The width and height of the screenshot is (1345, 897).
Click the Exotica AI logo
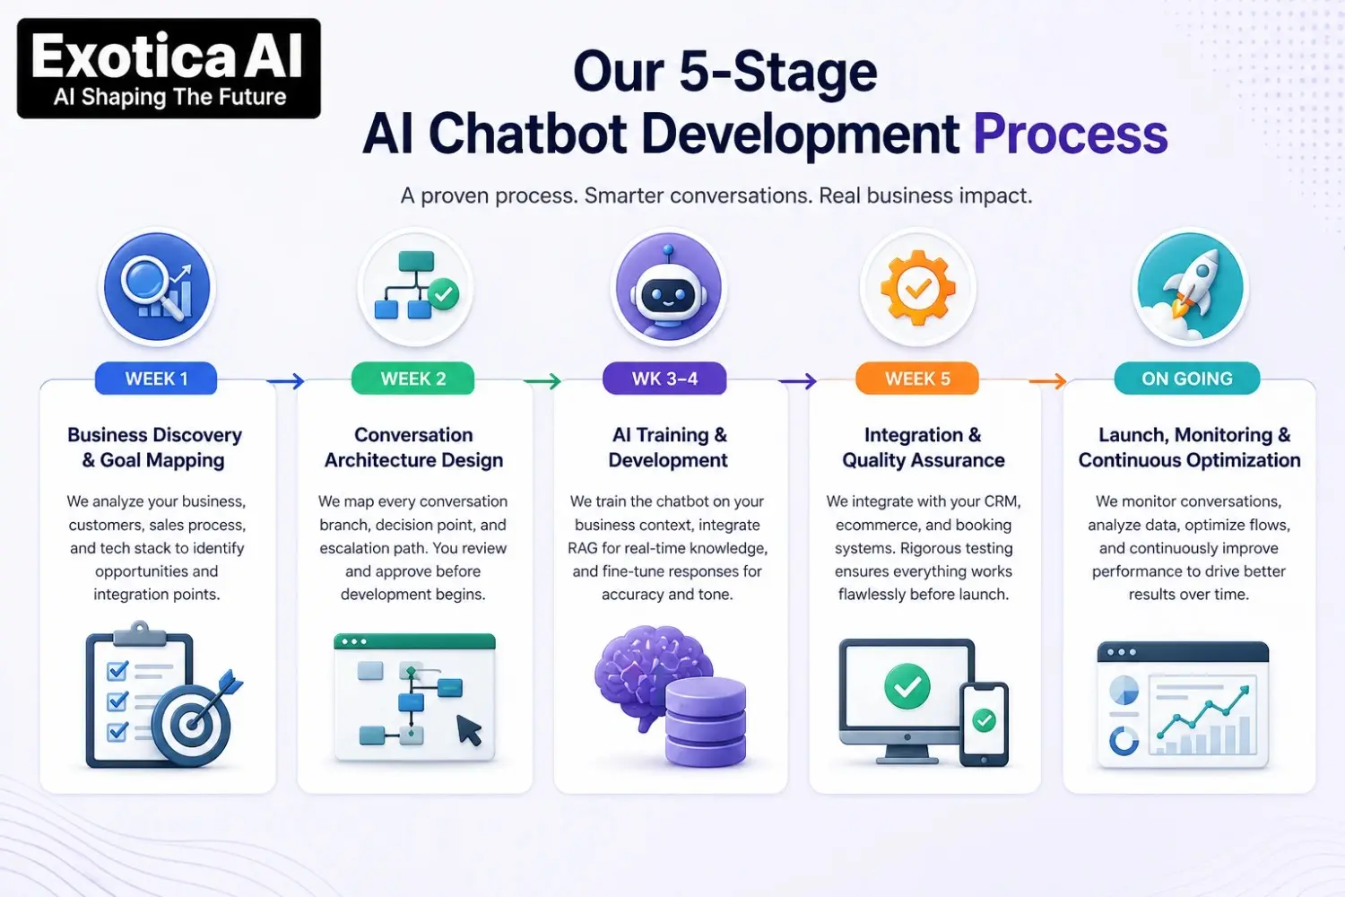(x=169, y=69)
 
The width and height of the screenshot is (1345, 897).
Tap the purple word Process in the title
(x=1070, y=135)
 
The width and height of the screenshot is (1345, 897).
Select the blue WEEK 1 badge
(x=156, y=379)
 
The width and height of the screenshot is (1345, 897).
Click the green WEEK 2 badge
(x=412, y=379)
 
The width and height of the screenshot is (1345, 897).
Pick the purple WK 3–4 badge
(x=664, y=379)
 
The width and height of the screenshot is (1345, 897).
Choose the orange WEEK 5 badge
(x=917, y=379)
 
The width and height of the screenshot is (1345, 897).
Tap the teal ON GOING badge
(x=1186, y=379)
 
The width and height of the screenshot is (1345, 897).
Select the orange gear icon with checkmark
(x=917, y=288)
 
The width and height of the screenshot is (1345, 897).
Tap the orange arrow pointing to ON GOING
(x=1047, y=382)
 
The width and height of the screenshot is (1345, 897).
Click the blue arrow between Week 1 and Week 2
(x=286, y=382)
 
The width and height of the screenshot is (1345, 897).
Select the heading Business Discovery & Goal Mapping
(x=155, y=448)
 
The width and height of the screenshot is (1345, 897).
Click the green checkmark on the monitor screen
(x=907, y=686)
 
